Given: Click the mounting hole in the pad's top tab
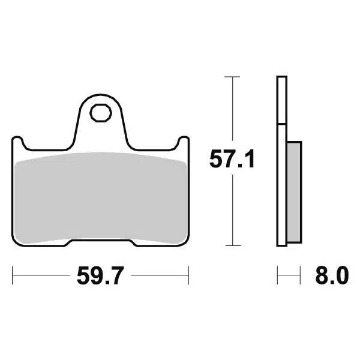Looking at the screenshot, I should (x=100, y=112).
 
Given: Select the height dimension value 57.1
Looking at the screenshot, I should (x=232, y=160).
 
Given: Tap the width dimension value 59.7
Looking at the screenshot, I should (x=100, y=277).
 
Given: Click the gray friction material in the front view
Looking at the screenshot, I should (x=100, y=198).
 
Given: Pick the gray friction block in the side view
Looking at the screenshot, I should (x=293, y=191).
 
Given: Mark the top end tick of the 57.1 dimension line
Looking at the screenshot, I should (x=232, y=77).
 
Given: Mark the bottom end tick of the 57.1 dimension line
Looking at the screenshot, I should (x=232, y=245).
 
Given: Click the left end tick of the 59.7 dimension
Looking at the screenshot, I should (x=13, y=277).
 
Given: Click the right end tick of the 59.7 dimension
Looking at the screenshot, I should (x=188, y=277).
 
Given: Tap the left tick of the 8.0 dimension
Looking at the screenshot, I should (x=277, y=277).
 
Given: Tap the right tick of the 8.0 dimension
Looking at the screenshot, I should (x=299, y=277).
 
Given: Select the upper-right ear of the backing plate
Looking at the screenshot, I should (x=184, y=142).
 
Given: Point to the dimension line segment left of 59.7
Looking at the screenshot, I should (x=39, y=277).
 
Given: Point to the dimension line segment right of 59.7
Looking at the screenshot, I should (x=159, y=277).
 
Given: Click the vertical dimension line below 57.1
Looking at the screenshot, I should (x=232, y=210).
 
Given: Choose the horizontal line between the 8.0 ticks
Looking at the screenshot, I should (x=289, y=277).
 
